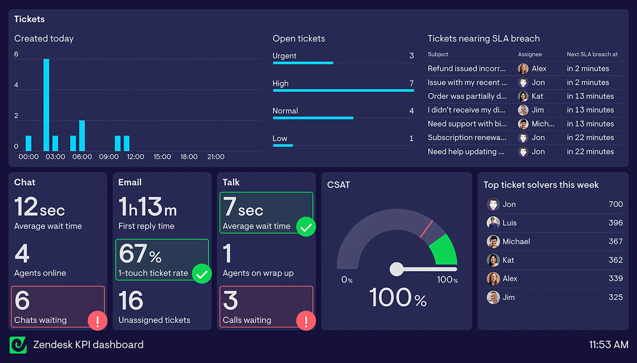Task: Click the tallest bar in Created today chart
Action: (46, 105)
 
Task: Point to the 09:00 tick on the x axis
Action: (109, 157)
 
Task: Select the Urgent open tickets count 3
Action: (411, 56)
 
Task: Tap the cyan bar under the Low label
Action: (283, 145)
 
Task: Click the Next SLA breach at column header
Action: (592, 54)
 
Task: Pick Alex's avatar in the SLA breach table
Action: (523, 69)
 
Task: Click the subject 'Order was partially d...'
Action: (467, 96)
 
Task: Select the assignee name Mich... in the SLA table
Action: (543, 124)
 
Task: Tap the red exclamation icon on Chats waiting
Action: (97, 321)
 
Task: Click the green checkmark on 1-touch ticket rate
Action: (202, 274)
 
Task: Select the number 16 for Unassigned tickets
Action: (131, 301)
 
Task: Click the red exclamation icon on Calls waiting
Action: (306, 321)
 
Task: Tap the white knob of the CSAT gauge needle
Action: (397, 269)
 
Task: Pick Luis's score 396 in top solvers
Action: (616, 223)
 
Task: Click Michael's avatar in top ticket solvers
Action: (493, 241)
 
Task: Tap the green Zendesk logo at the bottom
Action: (18, 345)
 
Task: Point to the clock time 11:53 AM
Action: (608, 345)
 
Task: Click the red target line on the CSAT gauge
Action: (427, 229)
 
